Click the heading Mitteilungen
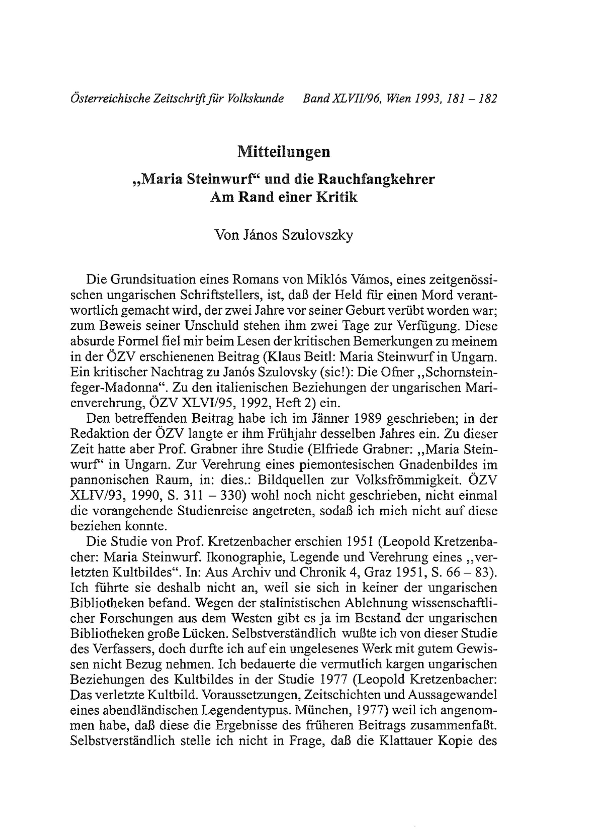[284, 152]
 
